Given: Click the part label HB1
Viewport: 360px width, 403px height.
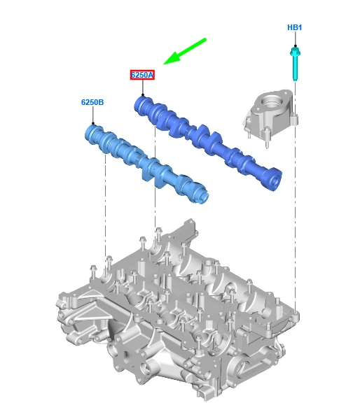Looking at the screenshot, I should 295,27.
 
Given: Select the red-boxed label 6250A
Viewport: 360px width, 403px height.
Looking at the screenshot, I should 142,75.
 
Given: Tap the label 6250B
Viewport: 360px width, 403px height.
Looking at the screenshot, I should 92,102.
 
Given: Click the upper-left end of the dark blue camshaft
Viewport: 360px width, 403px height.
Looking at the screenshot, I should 142,104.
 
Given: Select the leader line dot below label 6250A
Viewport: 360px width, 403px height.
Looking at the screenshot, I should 143,97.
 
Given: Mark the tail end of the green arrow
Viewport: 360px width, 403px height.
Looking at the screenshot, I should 206,40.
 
